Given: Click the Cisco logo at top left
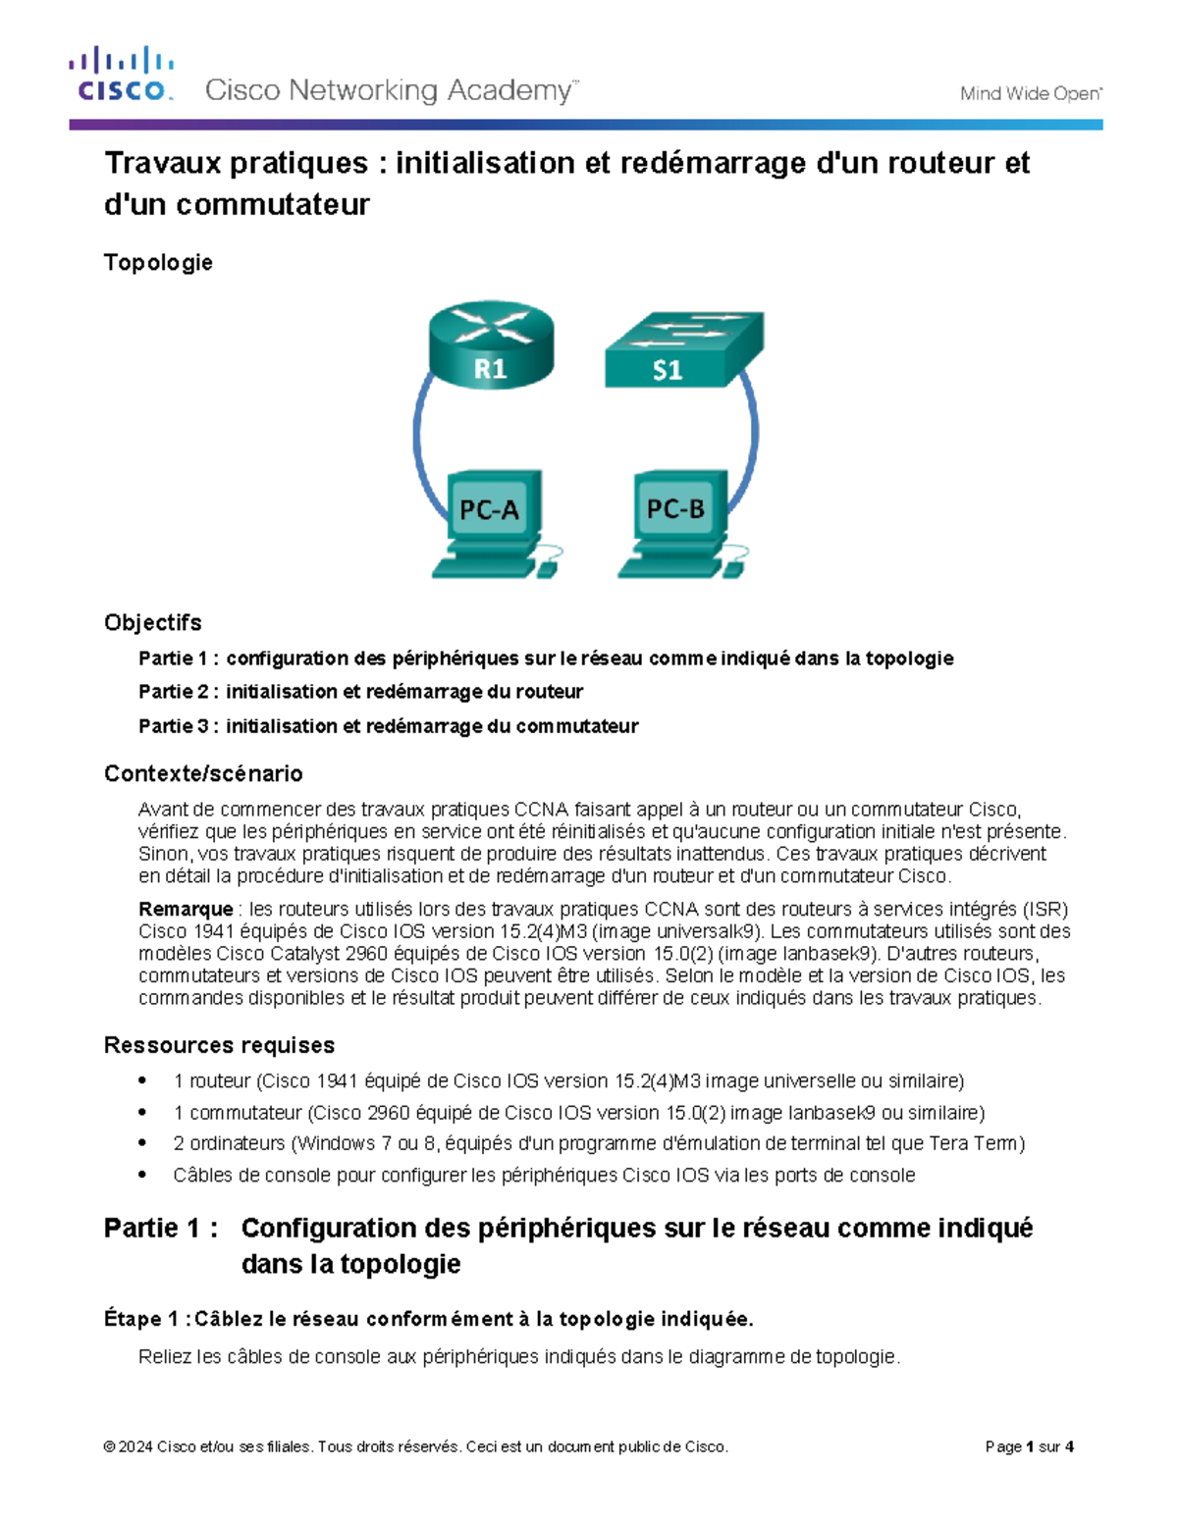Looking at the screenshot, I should tap(121, 75).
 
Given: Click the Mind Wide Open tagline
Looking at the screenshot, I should tap(1030, 94).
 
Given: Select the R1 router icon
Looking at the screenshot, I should tap(491, 344).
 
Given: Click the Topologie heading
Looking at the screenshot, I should tap(158, 263).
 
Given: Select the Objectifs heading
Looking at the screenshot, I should tap(152, 622).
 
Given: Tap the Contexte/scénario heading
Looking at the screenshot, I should tap(203, 773).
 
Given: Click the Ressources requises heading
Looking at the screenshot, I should tap(219, 1045).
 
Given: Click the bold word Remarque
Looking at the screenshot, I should tap(186, 909).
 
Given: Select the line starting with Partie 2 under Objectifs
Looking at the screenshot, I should tap(360, 692).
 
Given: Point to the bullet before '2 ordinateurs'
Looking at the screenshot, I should tap(143, 1143).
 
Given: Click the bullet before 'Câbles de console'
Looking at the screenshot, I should tap(143, 1175).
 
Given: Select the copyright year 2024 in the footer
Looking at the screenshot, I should tap(135, 1446).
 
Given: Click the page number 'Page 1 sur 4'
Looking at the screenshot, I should tap(1029, 1446).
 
